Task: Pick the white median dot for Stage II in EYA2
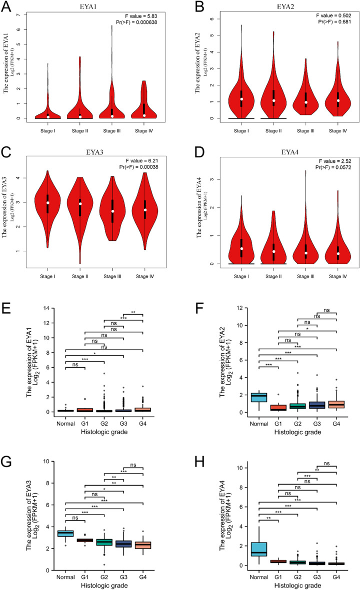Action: coord(273,101)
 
